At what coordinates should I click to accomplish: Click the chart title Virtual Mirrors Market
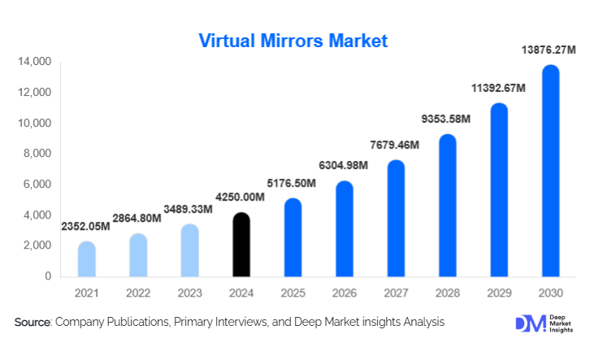[294, 40]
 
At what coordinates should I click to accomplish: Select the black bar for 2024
[241, 245]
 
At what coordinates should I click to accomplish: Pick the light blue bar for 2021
[87, 259]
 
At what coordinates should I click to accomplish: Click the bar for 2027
[396, 218]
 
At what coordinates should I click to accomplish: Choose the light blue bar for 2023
[190, 250]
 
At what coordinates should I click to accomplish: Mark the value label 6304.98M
[345, 166]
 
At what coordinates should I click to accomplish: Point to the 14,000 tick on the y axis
[34, 62]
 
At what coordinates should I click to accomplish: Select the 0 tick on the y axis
[47, 276]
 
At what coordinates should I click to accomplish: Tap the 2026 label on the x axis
[345, 292]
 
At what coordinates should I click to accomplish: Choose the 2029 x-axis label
[499, 292]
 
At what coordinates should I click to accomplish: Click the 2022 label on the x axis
[138, 292]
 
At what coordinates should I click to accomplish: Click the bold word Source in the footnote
[32, 323]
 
